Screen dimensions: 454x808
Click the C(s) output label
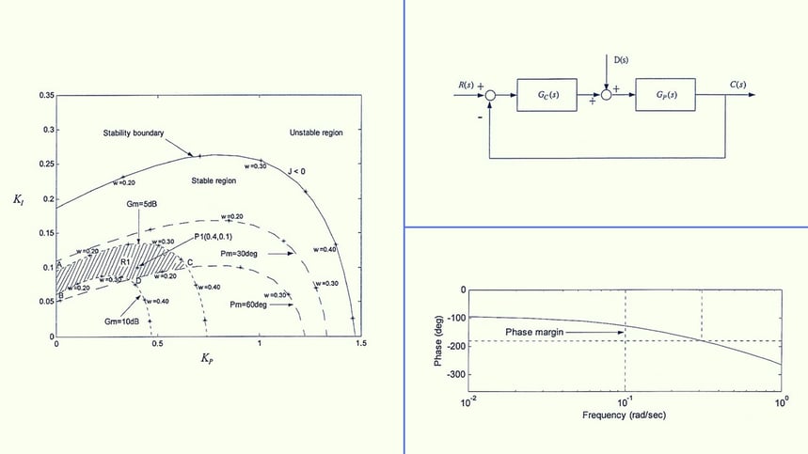738,86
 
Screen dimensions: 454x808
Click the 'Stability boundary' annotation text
134,133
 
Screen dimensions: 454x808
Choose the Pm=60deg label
248,305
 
